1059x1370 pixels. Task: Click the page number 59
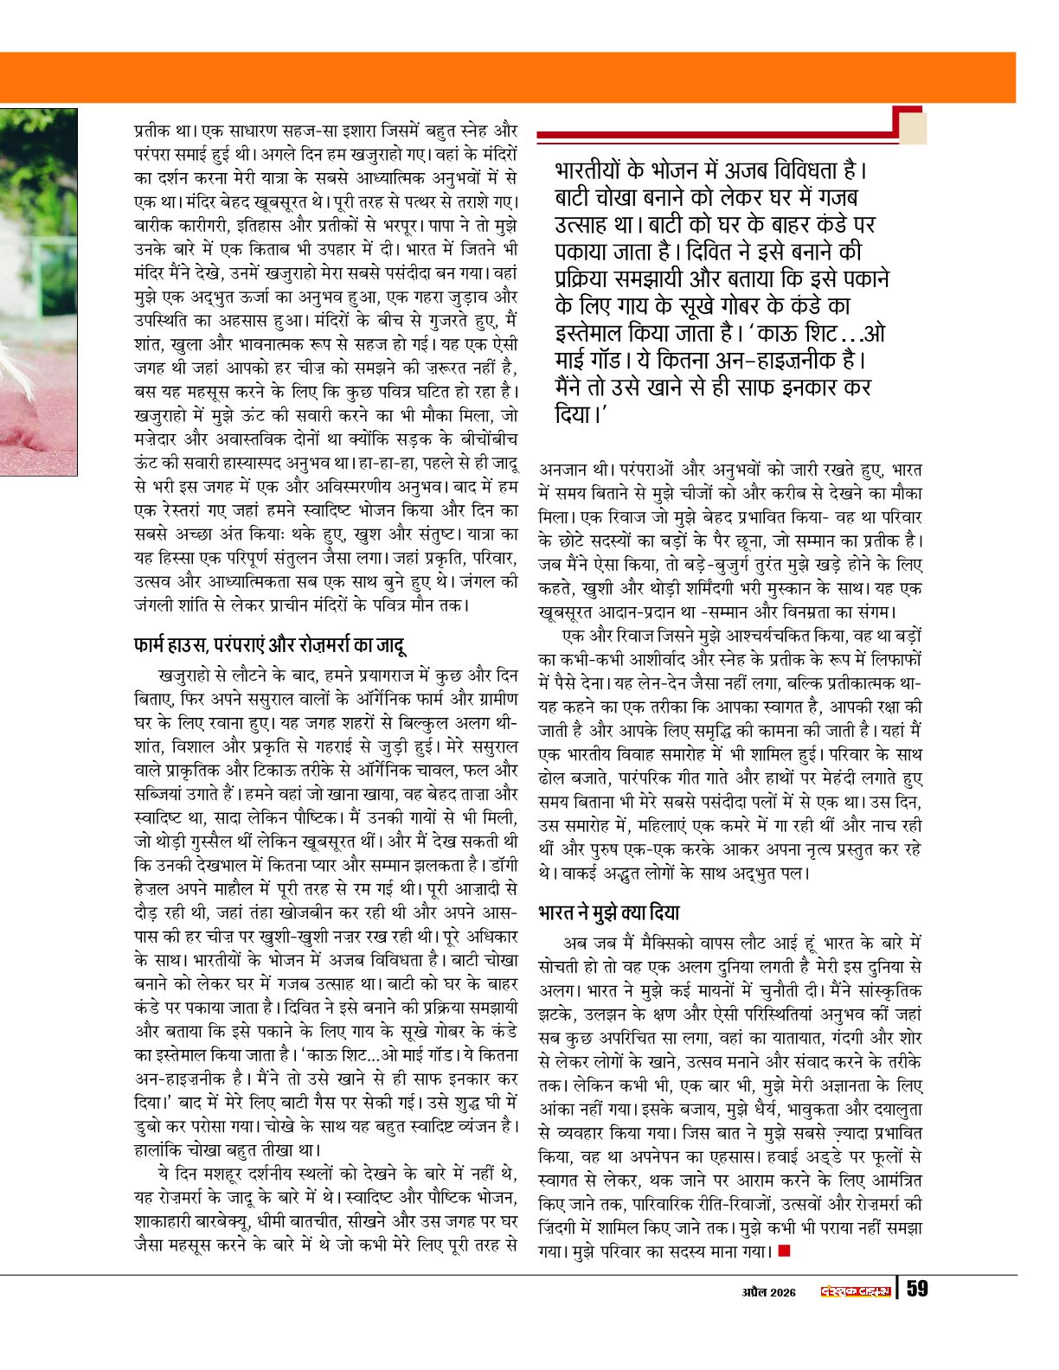tap(917, 1289)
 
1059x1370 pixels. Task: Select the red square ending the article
tap(785, 1250)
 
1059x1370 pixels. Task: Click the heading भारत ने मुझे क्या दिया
tap(608, 912)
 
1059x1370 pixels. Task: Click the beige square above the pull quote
tap(913, 128)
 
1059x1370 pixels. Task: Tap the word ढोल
tap(551, 778)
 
